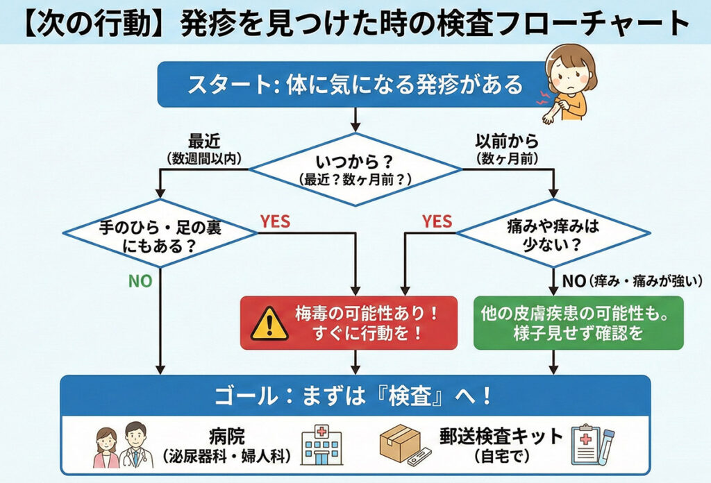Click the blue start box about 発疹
point(354,85)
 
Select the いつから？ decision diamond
point(355,169)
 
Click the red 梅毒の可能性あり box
point(349,322)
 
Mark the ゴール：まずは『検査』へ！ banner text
point(354,396)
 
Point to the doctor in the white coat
point(135,444)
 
